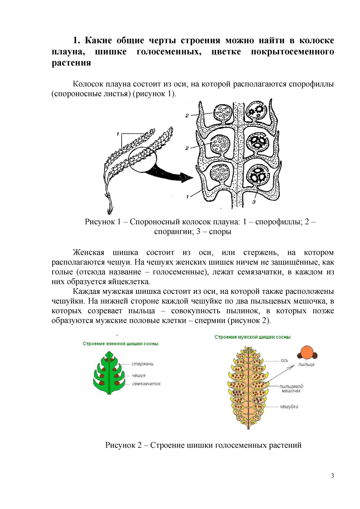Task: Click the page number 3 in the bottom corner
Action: (x=332, y=476)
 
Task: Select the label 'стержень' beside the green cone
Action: (x=142, y=364)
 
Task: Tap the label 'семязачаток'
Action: (x=146, y=384)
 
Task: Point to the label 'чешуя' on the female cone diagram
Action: (x=138, y=375)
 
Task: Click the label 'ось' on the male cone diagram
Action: (x=284, y=361)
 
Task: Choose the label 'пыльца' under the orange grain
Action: (x=306, y=364)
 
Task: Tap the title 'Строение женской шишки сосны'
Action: (x=120, y=344)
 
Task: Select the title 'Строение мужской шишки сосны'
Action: (x=252, y=337)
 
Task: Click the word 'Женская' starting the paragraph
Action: (x=88, y=253)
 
